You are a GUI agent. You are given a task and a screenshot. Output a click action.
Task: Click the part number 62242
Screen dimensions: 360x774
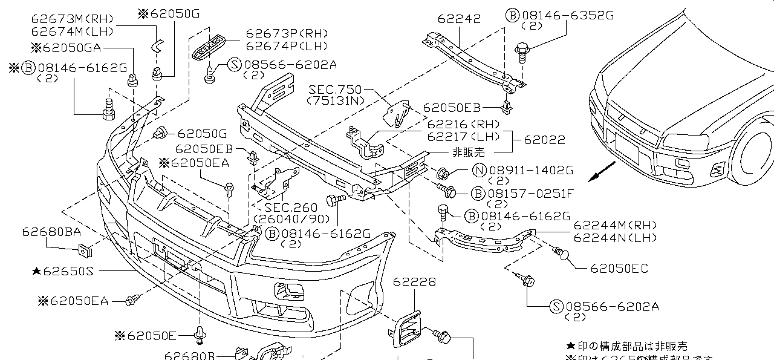click(460, 19)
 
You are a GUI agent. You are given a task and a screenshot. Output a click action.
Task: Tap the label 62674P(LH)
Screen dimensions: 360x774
click(287, 46)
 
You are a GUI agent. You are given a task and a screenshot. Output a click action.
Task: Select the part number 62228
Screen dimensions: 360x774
click(414, 282)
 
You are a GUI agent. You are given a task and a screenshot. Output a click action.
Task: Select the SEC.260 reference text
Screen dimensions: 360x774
click(290, 208)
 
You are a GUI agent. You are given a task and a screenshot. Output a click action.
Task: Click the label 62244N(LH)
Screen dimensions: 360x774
click(615, 238)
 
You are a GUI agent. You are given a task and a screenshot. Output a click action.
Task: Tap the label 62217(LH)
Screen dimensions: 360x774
click(465, 136)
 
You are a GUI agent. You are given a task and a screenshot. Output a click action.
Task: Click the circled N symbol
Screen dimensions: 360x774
click(480, 171)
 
